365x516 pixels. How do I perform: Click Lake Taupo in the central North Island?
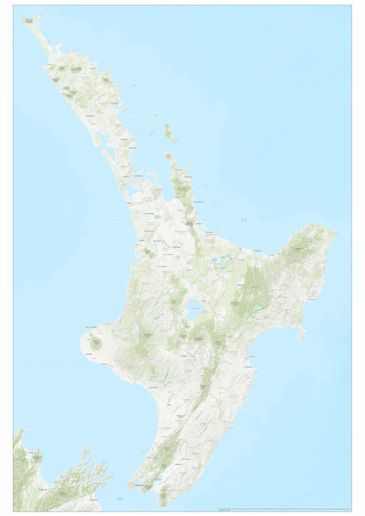click(195, 310)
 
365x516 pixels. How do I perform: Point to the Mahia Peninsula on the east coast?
click(303, 333)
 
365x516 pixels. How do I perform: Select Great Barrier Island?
click(170, 135)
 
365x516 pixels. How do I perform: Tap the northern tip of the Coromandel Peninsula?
click(169, 156)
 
